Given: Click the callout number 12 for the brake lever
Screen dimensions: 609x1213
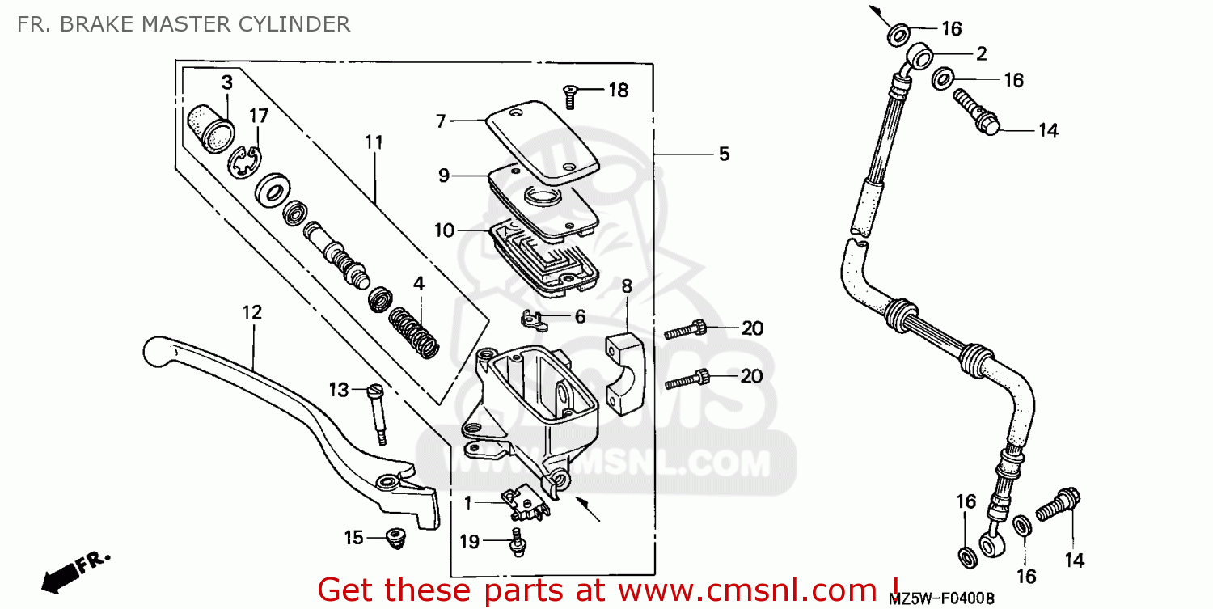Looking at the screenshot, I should [252, 312].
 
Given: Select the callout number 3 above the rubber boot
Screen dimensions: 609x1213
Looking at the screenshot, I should [227, 82].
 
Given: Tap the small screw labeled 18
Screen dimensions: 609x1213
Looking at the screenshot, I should [570, 96].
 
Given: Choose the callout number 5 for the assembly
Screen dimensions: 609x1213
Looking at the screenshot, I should [723, 154].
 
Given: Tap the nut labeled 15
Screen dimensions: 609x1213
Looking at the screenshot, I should [395, 538].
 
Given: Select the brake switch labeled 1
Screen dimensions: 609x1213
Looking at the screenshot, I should [524, 505].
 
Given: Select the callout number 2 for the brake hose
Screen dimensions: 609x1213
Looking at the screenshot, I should [981, 54].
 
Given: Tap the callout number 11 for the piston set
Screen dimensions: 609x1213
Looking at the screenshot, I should [373, 142].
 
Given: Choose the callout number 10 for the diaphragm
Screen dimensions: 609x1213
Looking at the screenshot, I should [444, 230].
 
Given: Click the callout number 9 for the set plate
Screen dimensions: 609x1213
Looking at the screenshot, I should [444, 175].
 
